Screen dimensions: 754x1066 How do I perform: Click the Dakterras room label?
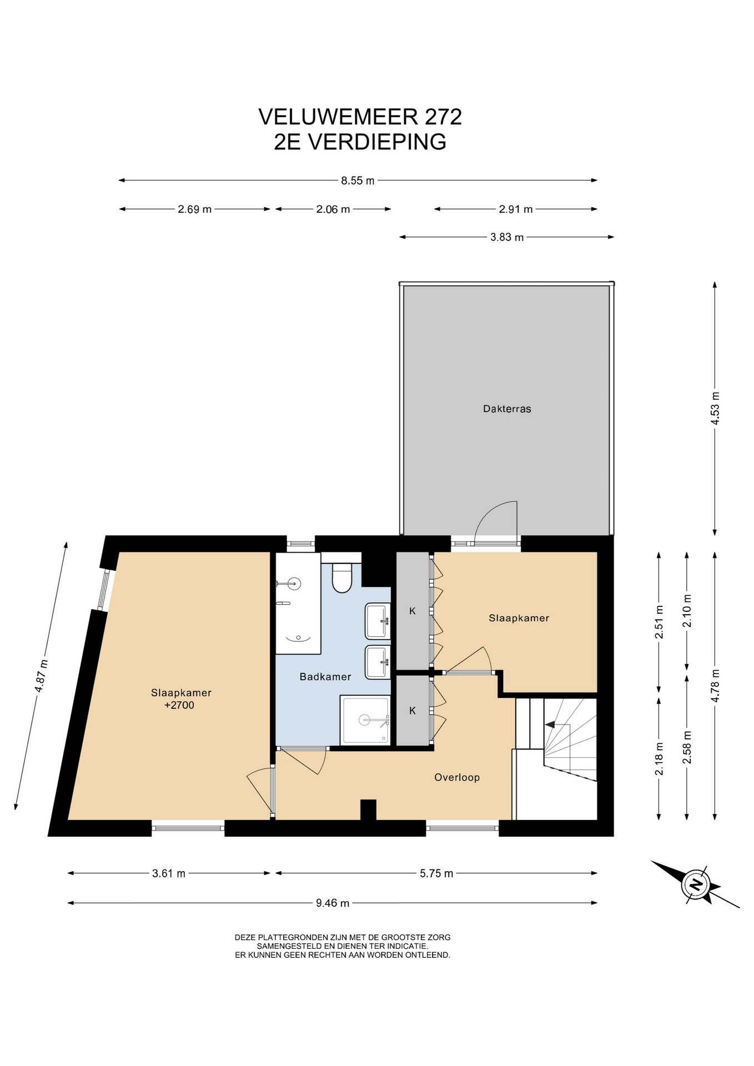(507, 409)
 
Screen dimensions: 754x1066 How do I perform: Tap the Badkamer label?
(325, 677)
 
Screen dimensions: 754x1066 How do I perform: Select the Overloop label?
(457, 777)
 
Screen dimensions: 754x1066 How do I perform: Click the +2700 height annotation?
(179, 706)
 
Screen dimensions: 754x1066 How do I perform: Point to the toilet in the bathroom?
(341, 577)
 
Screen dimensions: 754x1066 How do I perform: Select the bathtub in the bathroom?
(299, 603)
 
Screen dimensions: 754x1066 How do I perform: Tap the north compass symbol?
(695, 884)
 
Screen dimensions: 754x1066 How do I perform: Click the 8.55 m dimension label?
(358, 180)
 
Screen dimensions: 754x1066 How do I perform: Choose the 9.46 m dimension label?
(333, 903)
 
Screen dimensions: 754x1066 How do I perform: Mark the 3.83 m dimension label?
(507, 238)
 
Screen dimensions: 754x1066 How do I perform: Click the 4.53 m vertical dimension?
(715, 408)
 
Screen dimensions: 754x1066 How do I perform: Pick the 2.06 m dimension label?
(333, 209)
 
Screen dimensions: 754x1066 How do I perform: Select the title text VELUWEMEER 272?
(360, 117)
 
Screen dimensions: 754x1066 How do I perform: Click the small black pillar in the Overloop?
(368, 809)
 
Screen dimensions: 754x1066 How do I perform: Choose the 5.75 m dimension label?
(436, 873)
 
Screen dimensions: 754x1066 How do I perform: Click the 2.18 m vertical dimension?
(659, 759)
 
